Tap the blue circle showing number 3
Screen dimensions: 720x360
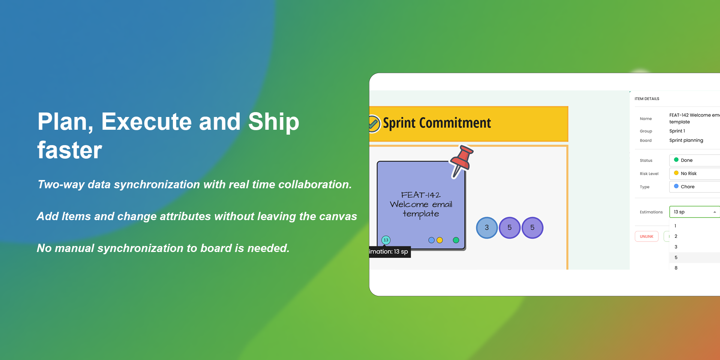point(487,228)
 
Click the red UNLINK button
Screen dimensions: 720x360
point(646,237)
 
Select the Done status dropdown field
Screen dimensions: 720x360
point(694,160)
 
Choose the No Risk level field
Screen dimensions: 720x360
point(694,174)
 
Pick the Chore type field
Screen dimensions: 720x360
point(694,187)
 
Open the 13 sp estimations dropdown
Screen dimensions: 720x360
point(694,212)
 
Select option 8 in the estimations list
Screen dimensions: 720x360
point(676,268)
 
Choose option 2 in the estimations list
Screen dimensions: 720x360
point(676,236)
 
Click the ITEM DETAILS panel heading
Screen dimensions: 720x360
point(647,99)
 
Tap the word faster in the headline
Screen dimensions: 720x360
point(70,150)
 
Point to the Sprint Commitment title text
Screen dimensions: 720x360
point(437,123)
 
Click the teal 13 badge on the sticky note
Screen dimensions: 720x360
point(386,240)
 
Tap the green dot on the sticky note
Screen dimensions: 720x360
point(456,240)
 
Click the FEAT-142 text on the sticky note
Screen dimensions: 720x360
point(421,195)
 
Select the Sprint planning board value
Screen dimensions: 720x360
point(686,141)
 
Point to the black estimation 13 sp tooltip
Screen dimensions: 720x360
point(390,252)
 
